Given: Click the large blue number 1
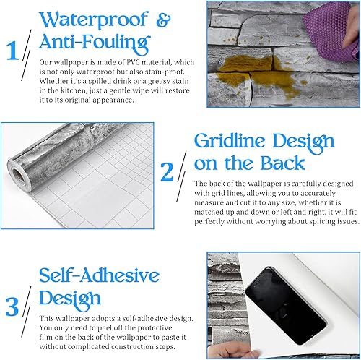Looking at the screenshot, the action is point(12,51).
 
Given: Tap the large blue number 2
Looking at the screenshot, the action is point(167,172).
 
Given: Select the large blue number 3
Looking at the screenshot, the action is point(12,307).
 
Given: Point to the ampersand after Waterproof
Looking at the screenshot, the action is point(163,20).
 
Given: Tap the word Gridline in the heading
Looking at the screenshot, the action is point(230,140).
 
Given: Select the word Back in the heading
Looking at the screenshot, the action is point(283,163).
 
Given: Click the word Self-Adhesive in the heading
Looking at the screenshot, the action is point(99,275).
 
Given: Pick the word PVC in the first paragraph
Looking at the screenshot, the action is point(133,62).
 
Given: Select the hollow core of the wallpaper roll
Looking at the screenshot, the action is point(18,176).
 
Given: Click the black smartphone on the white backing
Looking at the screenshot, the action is point(286,306).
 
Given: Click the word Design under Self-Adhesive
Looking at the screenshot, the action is point(70,299).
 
